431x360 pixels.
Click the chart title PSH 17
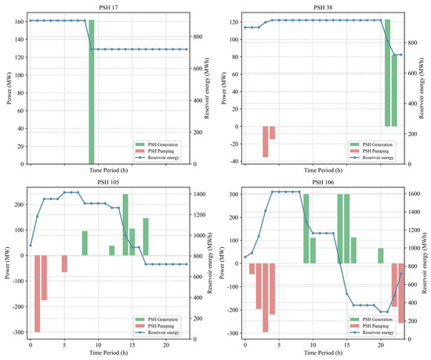click(108, 8)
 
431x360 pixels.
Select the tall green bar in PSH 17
click(92, 92)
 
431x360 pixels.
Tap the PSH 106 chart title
click(323, 182)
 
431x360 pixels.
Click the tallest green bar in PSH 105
click(125, 224)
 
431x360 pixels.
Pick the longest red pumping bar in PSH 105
click(37, 293)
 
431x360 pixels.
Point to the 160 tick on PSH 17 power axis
click(20, 21)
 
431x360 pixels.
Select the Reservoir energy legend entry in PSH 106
click(371, 333)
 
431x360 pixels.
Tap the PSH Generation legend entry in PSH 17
click(157, 144)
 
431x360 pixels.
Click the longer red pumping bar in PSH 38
click(265, 142)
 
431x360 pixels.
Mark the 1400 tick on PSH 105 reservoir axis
click(199, 195)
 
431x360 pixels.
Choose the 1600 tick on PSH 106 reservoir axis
click(413, 194)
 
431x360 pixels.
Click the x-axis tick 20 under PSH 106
click(381, 345)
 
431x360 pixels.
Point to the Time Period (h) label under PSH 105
click(108, 353)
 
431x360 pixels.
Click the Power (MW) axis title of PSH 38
click(224, 89)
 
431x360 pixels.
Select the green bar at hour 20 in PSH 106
click(381, 256)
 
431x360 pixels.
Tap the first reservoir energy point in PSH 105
click(31, 245)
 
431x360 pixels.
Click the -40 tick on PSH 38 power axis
click(234, 162)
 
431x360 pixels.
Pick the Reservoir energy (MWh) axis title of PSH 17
click(207, 89)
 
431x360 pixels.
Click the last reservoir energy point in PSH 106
click(401, 274)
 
